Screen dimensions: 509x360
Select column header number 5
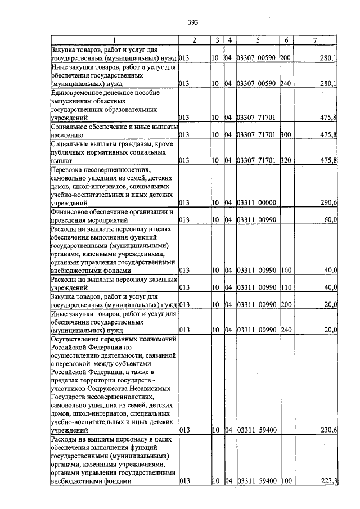[257, 40]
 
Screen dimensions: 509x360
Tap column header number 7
[315, 40]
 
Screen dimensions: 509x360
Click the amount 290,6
[328, 202]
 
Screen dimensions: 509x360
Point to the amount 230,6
[328, 430]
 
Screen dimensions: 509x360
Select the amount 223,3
[328, 481]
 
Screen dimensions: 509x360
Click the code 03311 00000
[256, 202]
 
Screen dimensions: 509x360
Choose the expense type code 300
[285, 135]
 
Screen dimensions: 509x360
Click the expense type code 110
[285, 288]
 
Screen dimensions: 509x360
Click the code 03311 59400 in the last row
[256, 481]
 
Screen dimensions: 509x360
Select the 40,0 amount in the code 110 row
[330, 288]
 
